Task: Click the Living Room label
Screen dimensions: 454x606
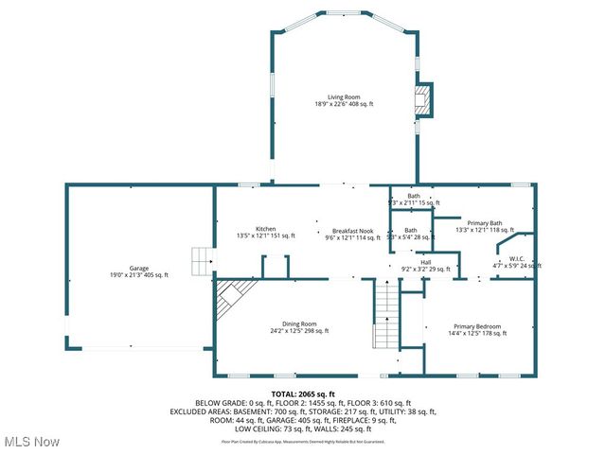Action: (344, 96)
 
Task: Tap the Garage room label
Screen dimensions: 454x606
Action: (137, 268)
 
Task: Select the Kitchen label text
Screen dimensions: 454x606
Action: (265, 228)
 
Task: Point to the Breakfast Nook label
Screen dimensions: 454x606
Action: (351, 231)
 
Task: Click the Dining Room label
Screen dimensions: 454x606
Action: (298, 323)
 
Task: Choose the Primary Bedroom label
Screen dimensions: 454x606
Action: (475, 325)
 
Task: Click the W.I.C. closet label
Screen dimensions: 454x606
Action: (517, 258)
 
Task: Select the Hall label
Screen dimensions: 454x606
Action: (413, 262)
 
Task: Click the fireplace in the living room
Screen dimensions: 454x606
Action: (425, 99)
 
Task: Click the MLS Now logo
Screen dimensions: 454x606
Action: (30, 442)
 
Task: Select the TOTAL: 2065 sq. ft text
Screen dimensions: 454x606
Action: (303, 393)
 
